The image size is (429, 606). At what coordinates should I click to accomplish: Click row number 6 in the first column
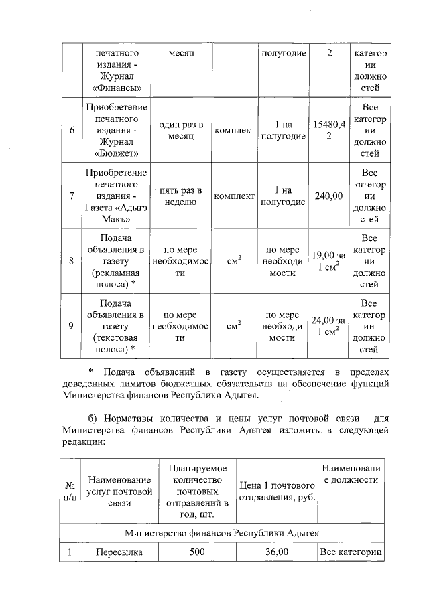(71, 131)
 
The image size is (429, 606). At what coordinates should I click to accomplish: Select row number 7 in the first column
(71, 196)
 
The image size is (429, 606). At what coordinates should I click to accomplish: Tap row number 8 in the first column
(71, 261)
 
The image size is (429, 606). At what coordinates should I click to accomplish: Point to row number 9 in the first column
(71, 326)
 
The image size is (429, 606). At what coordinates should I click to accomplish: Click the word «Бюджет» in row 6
(113, 153)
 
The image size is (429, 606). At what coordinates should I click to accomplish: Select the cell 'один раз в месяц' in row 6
(180, 131)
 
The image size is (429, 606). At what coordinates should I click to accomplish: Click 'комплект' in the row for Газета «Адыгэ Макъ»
(234, 196)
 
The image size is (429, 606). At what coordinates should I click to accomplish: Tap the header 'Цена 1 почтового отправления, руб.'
(278, 490)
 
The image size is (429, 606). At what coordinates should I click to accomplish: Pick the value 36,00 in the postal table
(278, 552)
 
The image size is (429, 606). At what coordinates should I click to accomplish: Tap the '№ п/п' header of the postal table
(70, 490)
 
